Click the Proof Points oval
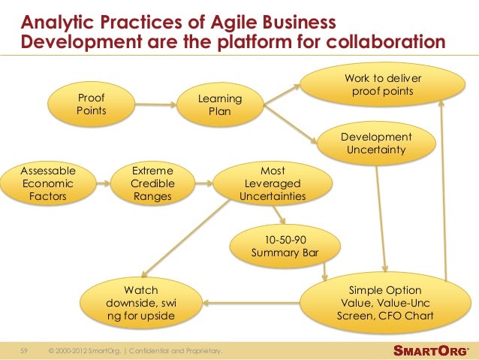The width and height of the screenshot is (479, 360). click(92, 104)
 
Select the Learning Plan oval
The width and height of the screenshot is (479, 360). click(220, 106)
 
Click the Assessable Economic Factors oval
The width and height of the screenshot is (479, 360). click(48, 183)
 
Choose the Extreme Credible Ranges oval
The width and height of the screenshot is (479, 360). click(152, 183)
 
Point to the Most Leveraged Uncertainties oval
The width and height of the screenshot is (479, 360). click(273, 183)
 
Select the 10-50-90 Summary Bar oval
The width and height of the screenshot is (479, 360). click(285, 246)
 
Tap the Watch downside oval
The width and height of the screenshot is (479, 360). click(140, 303)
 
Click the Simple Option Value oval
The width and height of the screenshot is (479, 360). click(385, 303)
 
